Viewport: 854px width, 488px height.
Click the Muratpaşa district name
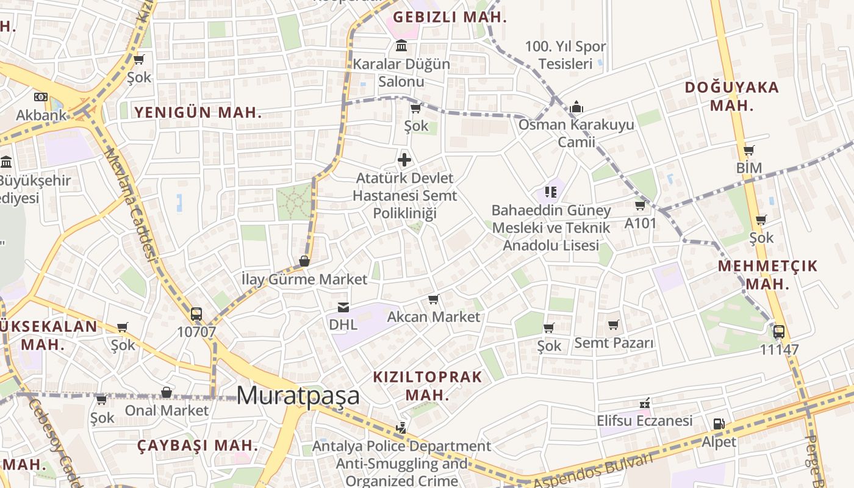click(x=298, y=395)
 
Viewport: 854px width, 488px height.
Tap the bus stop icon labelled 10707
click(x=196, y=314)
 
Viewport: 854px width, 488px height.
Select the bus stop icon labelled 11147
click(x=779, y=332)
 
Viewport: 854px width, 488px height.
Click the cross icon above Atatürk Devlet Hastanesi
click(x=404, y=160)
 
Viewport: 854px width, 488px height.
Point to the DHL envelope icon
click(x=343, y=307)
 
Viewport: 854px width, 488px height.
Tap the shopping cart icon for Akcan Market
click(x=434, y=299)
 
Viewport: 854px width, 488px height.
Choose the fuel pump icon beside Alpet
click(x=719, y=424)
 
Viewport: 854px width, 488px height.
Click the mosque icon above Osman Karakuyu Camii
click(x=576, y=107)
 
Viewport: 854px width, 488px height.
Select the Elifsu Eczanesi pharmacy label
click(x=644, y=420)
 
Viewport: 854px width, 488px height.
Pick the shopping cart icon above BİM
click(x=749, y=150)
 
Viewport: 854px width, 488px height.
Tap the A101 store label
click(x=640, y=223)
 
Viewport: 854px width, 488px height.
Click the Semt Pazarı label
click(x=614, y=342)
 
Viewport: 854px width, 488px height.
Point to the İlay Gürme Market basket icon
click(x=304, y=261)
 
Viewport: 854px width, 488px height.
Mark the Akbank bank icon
click(x=41, y=97)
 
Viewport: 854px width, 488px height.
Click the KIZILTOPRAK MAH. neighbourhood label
click(x=427, y=386)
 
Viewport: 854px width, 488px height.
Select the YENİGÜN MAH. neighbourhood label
click(x=198, y=112)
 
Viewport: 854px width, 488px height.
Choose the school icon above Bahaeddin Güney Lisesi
click(x=551, y=192)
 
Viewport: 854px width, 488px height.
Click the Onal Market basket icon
click(x=166, y=392)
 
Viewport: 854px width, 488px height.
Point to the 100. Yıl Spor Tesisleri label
click(x=565, y=55)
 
